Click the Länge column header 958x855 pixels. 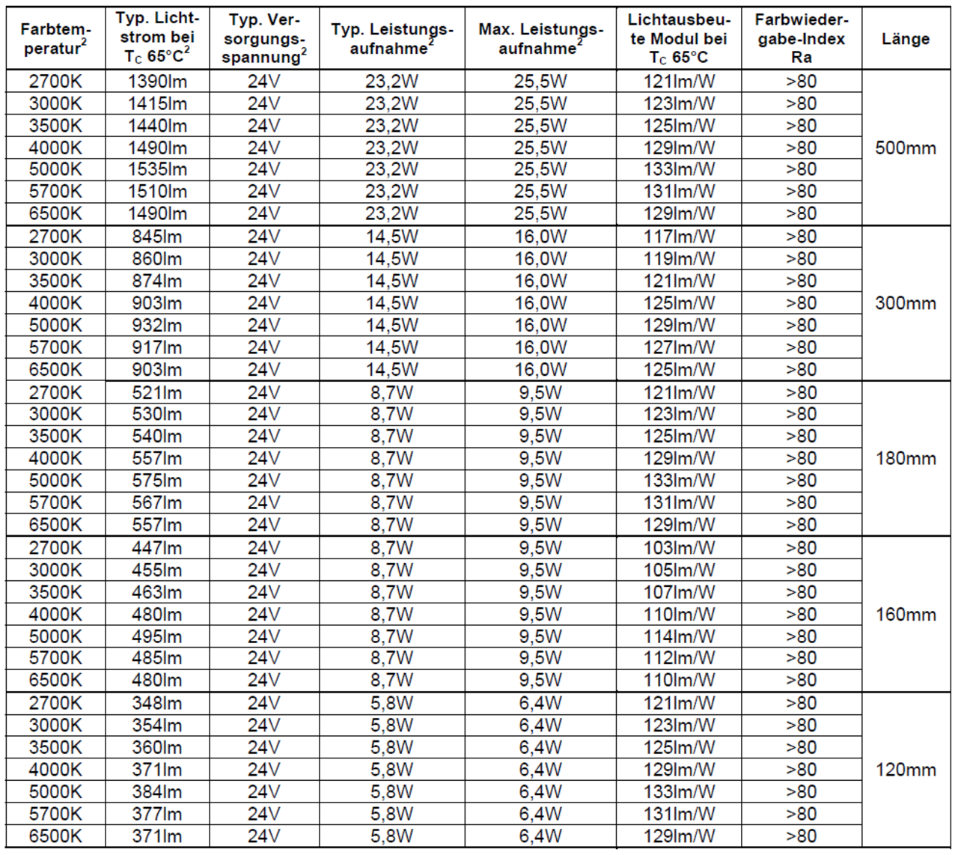tap(905, 39)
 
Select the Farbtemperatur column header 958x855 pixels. tap(55, 39)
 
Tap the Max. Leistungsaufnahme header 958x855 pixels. tap(540, 39)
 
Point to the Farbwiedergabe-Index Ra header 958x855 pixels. tap(800, 39)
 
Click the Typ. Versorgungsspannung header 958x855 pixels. tap(263, 39)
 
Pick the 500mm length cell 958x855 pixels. tap(905, 147)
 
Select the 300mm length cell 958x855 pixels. tap(905, 303)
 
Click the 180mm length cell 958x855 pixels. tap(905, 458)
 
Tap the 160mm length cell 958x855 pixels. tap(905, 615)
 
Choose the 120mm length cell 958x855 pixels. tap(905, 770)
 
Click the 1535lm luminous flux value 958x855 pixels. tap(157, 169)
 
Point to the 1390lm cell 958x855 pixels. tap(157, 82)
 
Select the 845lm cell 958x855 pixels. tap(157, 237)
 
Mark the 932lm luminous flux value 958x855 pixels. tap(157, 325)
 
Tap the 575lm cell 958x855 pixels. tap(157, 480)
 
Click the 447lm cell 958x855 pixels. tap(157, 548)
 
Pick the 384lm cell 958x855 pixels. tap(157, 791)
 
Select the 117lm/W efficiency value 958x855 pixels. tap(679, 237)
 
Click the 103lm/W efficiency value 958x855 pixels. tap(679, 548)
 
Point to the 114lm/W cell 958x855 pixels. tap(679, 636)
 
